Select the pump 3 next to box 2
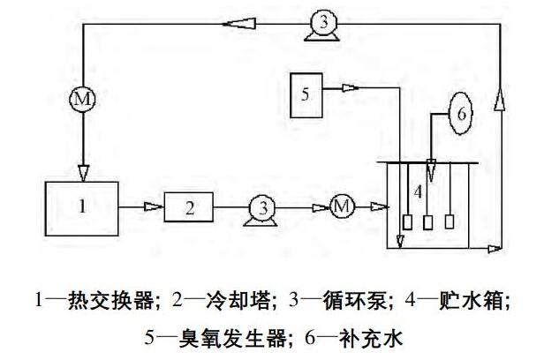pyautogui.click(x=261, y=209)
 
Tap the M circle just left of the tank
pyautogui.click(x=341, y=207)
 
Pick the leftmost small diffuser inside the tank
pyautogui.click(x=407, y=221)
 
